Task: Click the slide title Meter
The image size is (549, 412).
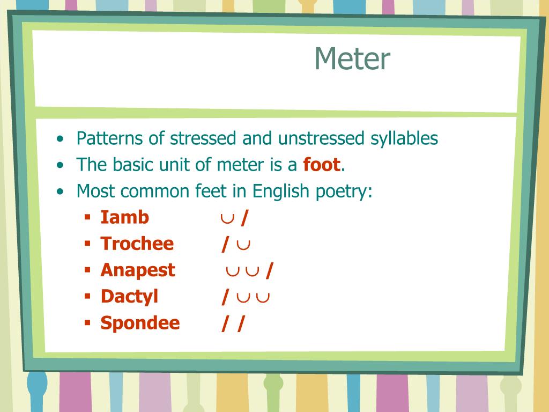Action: pos(352,58)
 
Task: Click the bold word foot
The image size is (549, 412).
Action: pos(322,165)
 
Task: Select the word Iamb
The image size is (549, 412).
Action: pos(124,217)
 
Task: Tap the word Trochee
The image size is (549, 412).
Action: pos(137,244)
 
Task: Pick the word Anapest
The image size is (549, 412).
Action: pos(137,270)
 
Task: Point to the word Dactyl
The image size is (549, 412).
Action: pos(129,296)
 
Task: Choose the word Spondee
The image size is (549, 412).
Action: pos(140,323)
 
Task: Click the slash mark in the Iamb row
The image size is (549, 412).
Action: pos(244,217)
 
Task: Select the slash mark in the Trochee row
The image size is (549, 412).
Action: pos(226,244)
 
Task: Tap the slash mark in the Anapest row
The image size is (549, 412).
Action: pos(269,270)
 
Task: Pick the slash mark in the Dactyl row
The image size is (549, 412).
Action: pos(226,297)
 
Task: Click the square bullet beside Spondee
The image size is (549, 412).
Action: pos(87,323)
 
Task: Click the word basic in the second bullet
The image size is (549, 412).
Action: pos(128,165)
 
